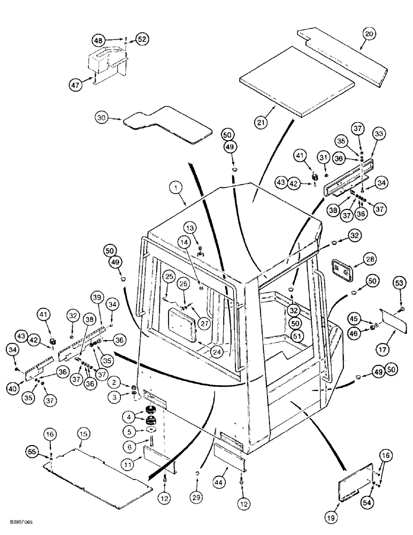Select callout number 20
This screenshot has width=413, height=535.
pos(369,34)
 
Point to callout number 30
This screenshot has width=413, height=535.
pos(102,118)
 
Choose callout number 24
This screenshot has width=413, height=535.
pos(201,352)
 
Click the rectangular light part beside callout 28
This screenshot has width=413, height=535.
pos(341,268)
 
